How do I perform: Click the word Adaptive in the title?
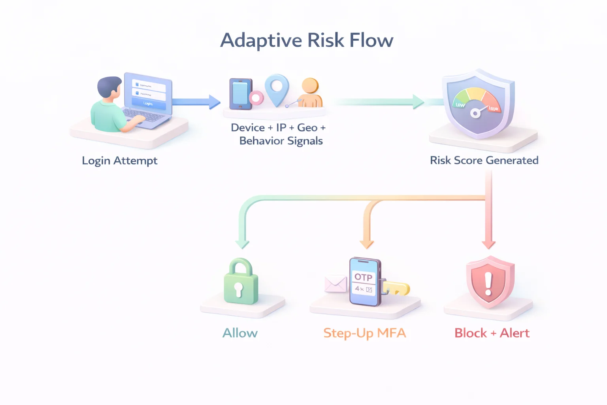coord(261,41)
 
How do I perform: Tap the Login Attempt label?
coord(119,161)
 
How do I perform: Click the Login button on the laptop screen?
coord(148,103)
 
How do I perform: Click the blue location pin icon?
coord(277,88)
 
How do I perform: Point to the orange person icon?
coord(310,93)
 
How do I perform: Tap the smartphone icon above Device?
coord(240,95)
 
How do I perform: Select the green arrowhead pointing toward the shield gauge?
coord(418,102)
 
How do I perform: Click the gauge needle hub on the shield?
coord(475,114)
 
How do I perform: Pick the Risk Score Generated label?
coord(484,160)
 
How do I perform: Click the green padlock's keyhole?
coord(238,289)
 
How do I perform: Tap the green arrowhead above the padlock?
coord(242,244)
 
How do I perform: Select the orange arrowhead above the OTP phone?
coord(367,244)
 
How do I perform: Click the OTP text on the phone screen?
coord(363,277)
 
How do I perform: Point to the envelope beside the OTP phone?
coord(336,284)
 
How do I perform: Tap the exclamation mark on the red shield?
coord(488,283)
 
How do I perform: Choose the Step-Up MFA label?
coord(364,333)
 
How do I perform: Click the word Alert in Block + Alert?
coord(515,333)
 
